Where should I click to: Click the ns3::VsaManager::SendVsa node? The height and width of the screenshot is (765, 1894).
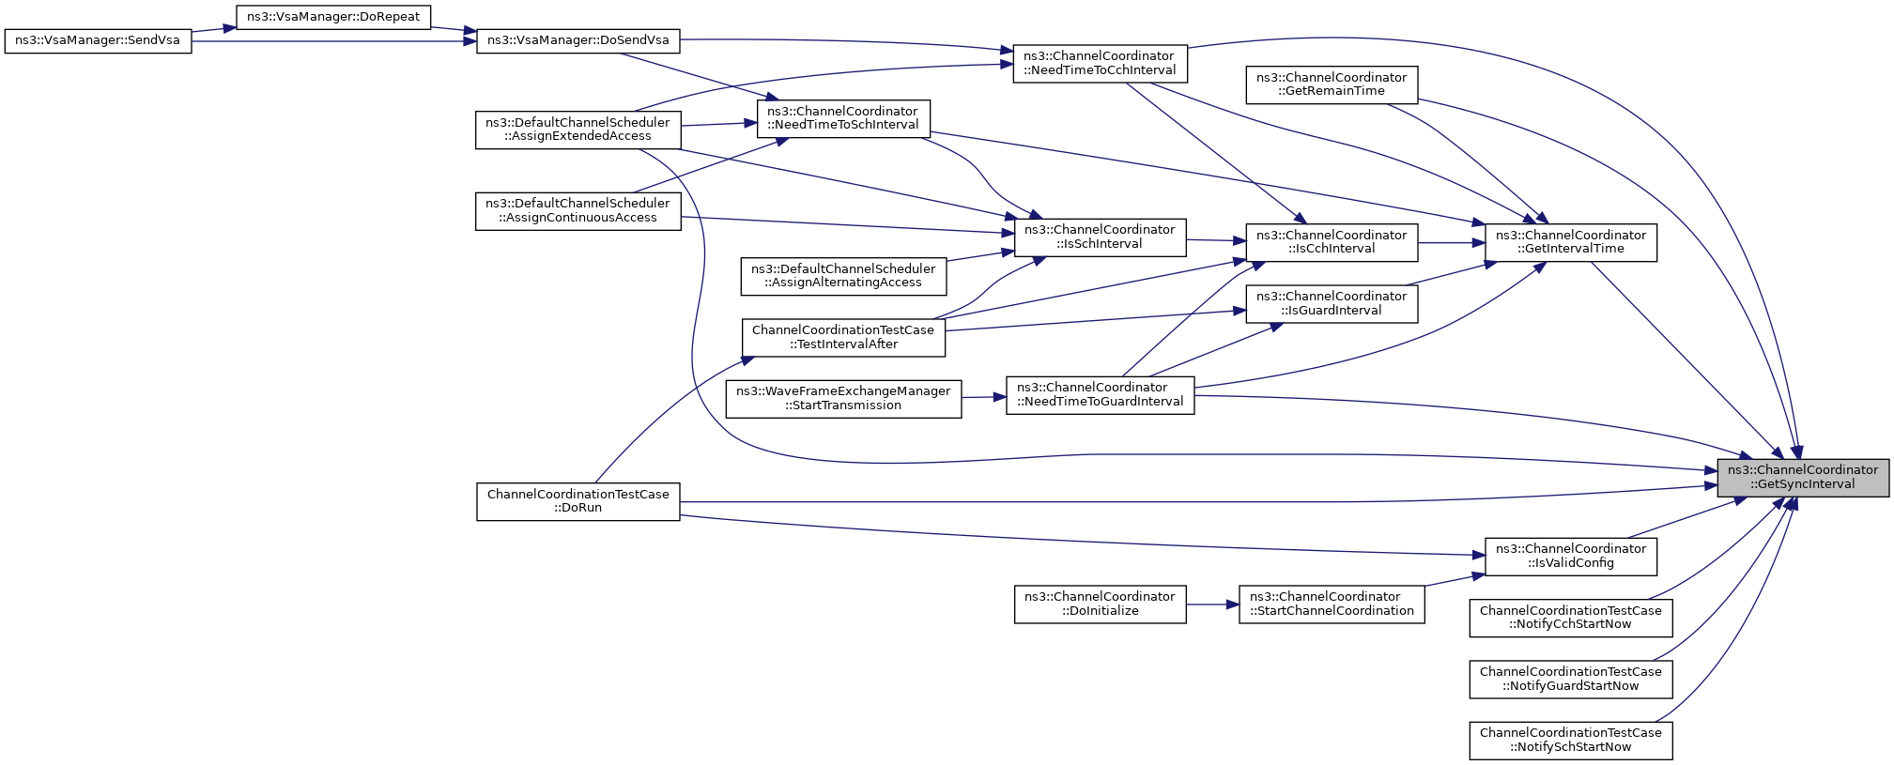click(x=98, y=41)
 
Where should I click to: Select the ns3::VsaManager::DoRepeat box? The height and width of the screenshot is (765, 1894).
click(x=333, y=17)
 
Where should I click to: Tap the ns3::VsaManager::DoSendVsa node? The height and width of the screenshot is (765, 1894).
click(x=578, y=41)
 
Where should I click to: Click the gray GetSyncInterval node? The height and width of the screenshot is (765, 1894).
click(x=1803, y=478)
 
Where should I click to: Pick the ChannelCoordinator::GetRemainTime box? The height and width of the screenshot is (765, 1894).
click(x=1332, y=84)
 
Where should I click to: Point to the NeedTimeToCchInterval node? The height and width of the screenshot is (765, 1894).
click(x=1100, y=63)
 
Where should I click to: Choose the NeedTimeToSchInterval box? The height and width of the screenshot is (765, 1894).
click(x=843, y=118)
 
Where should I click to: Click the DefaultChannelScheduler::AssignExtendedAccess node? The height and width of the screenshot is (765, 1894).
click(x=577, y=130)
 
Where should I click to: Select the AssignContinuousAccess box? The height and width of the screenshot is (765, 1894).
click(x=577, y=210)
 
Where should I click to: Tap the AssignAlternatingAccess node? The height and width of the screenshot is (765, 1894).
click(x=843, y=276)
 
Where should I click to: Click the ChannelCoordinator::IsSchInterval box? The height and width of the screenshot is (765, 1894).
click(x=1100, y=237)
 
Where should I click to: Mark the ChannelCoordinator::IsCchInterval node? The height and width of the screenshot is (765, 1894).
click(x=1332, y=242)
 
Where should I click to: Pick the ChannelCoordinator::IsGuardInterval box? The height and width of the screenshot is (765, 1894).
click(x=1332, y=303)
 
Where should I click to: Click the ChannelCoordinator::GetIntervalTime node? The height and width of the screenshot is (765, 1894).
click(x=1570, y=242)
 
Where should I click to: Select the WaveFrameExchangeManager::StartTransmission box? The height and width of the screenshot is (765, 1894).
click(x=843, y=398)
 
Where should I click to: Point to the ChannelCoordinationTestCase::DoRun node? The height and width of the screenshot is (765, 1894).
click(x=577, y=501)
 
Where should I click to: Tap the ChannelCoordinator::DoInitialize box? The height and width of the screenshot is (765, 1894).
click(x=1100, y=604)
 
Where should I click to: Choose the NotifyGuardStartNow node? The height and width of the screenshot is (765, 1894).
click(x=1570, y=679)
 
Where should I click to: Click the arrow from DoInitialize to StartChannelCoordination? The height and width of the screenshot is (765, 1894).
click(x=1213, y=604)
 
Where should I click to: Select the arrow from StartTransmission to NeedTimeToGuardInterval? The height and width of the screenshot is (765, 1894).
click(x=984, y=397)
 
